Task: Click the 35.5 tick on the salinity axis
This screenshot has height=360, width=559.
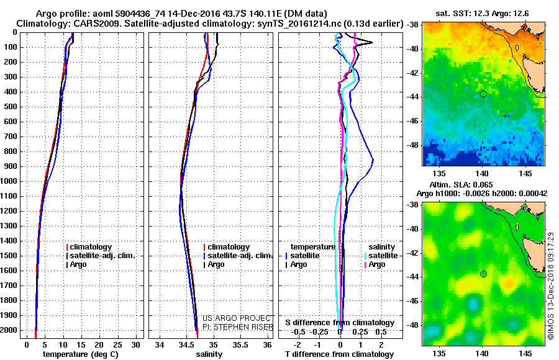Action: coord(240,344)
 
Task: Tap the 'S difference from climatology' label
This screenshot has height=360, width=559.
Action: coord(339,323)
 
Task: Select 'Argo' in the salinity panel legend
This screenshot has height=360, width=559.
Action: coord(216,264)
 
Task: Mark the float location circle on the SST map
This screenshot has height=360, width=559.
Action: coord(483,94)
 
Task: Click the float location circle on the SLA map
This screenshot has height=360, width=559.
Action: coord(483,274)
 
